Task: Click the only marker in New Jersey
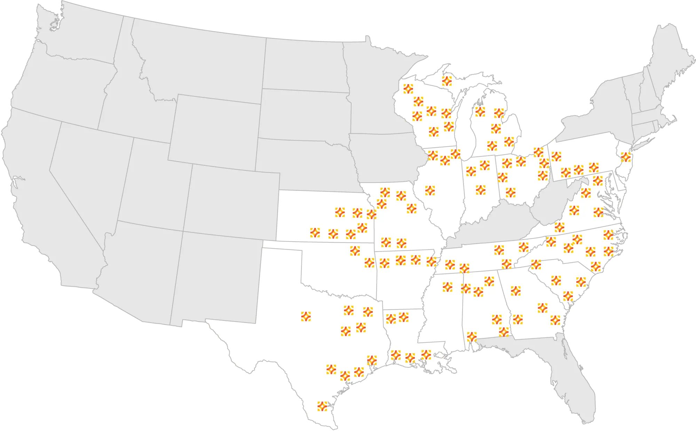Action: click(626, 157)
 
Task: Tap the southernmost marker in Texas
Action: click(323, 406)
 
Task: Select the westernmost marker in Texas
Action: click(306, 316)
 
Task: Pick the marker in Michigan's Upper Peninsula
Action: click(447, 81)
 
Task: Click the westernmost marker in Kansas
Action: click(315, 233)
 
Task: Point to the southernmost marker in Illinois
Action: click(430, 190)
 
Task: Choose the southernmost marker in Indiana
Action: click(481, 190)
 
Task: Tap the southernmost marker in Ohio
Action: click(511, 192)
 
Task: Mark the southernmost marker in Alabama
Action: click(472, 336)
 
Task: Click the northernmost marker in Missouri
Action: click(385, 192)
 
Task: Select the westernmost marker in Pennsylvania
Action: click(556, 156)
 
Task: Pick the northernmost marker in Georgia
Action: click(516, 291)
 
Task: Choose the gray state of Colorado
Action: click(230, 202)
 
